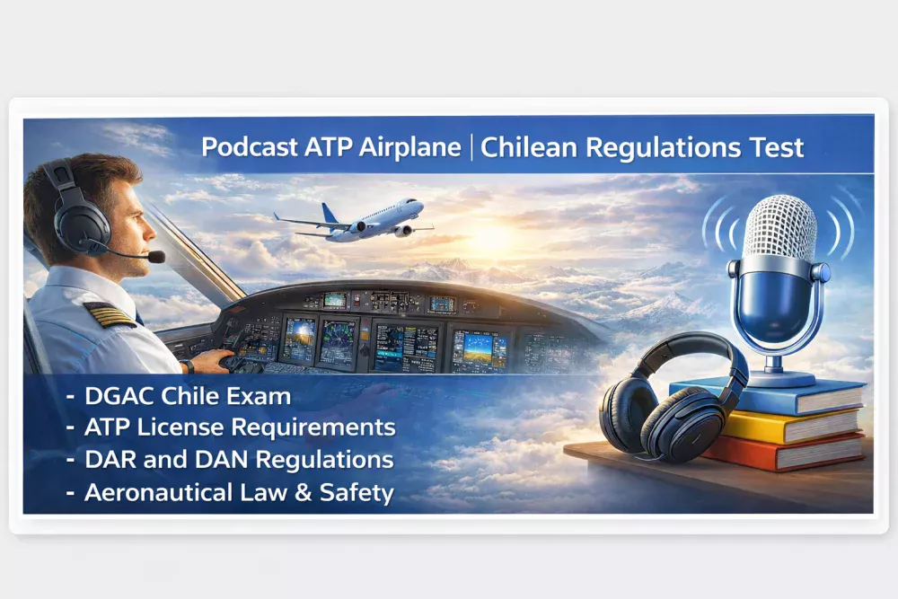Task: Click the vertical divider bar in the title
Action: [x=471, y=147]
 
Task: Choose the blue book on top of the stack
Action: [x=763, y=395]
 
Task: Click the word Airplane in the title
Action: [x=409, y=147]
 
